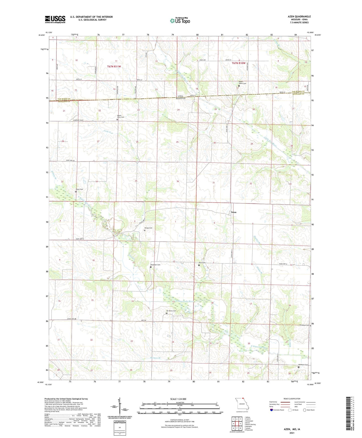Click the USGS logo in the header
click(x=55, y=19)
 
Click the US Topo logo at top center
click(x=180, y=21)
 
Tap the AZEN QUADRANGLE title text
click(x=299, y=17)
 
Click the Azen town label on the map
click(x=233, y=212)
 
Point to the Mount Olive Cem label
click(x=120, y=117)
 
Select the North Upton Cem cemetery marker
click(x=239, y=86)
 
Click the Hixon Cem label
click(x=79, y=189)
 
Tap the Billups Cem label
click(x=148, y=228)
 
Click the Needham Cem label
click(x=155, y=265)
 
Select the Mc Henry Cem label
click(x=171, y=311)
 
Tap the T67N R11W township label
click(x=114, y=66)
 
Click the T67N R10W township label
click(x=238, y=63)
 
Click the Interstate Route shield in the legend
click(x=272, y=410)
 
